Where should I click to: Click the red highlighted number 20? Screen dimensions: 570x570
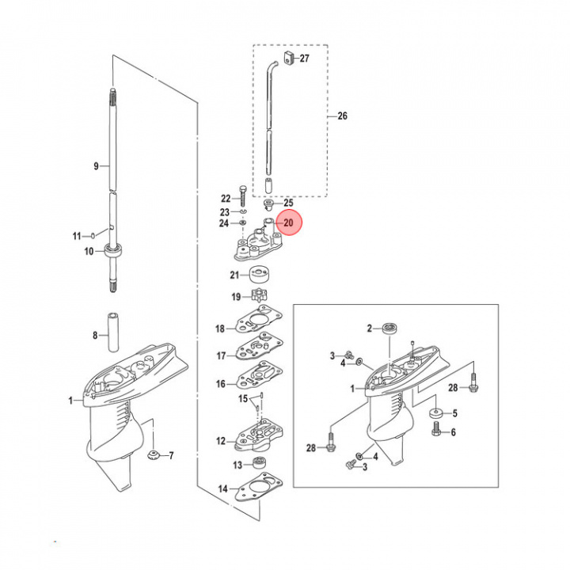pyautogui.click(x=288, y=223)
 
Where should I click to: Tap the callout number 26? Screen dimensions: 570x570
pyautogui.click(x=342, y=116)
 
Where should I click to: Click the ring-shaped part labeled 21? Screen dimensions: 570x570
pyautogui.click(x=259, y=276)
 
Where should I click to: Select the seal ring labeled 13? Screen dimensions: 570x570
pyautogui.click(x=260, y=465)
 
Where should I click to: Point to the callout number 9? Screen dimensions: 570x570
pyautogui.click(x=96, y=166)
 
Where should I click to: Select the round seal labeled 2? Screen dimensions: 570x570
pyautogui.click(x=389, y=327)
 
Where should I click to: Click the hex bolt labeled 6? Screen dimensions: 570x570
pyautogui.click(x=435, y=431)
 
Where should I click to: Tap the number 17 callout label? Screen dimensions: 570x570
pyautogui.click(x=221, y=355)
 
